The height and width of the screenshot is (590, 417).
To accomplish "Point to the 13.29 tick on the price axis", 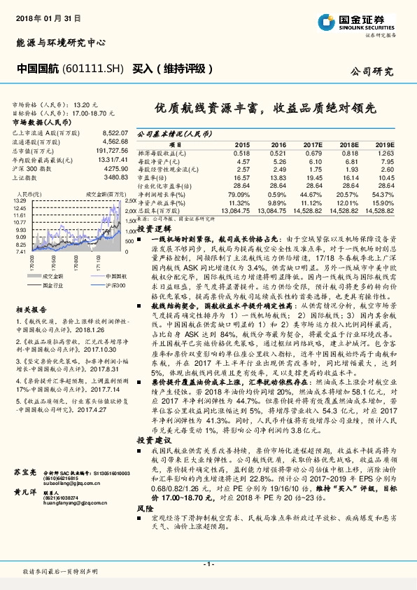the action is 19,200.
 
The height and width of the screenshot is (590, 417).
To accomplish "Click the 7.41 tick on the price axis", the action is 20,251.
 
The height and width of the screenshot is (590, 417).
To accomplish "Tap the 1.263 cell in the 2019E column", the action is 386,153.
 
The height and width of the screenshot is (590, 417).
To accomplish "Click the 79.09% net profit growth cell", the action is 239,193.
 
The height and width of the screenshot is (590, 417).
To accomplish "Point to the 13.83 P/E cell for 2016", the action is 278,179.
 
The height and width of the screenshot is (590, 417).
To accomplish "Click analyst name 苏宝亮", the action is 26,474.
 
